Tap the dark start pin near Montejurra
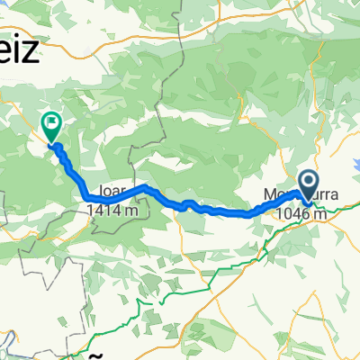(308, 187)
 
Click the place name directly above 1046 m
(288, 193)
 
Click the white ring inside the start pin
(308, 183)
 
